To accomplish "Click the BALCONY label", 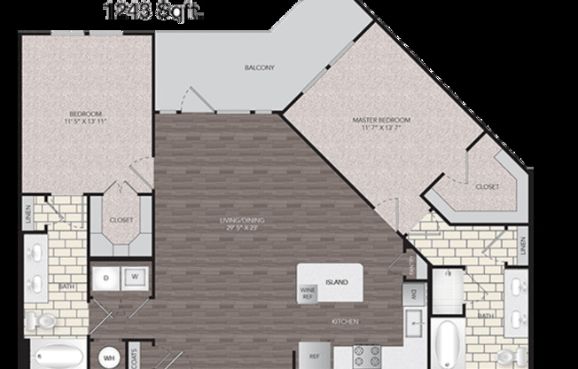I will tap(260, 67).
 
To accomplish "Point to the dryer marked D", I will tap(106, 278).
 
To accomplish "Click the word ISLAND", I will tap(335, 283).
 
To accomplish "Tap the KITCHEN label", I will tap(344, 322).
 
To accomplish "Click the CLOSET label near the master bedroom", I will tap(487, 186).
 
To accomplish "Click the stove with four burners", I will tap(365, 357).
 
